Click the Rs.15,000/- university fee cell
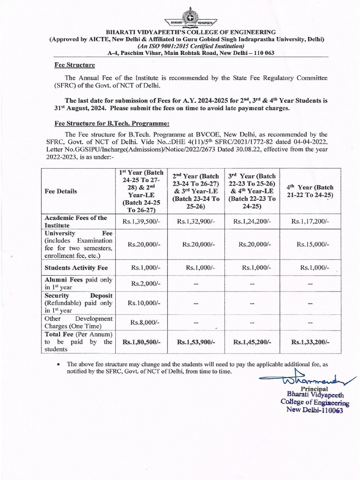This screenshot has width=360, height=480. (313, 244)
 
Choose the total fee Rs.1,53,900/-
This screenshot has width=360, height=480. (196, 343)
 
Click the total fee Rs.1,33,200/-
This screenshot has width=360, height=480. (310, 343)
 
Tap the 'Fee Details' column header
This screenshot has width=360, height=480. (61, 191)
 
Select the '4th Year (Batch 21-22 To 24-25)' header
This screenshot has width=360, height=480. (310, 191)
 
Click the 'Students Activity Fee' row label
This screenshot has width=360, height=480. (76, 268)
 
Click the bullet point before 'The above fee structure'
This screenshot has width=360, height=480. (57, 364)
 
